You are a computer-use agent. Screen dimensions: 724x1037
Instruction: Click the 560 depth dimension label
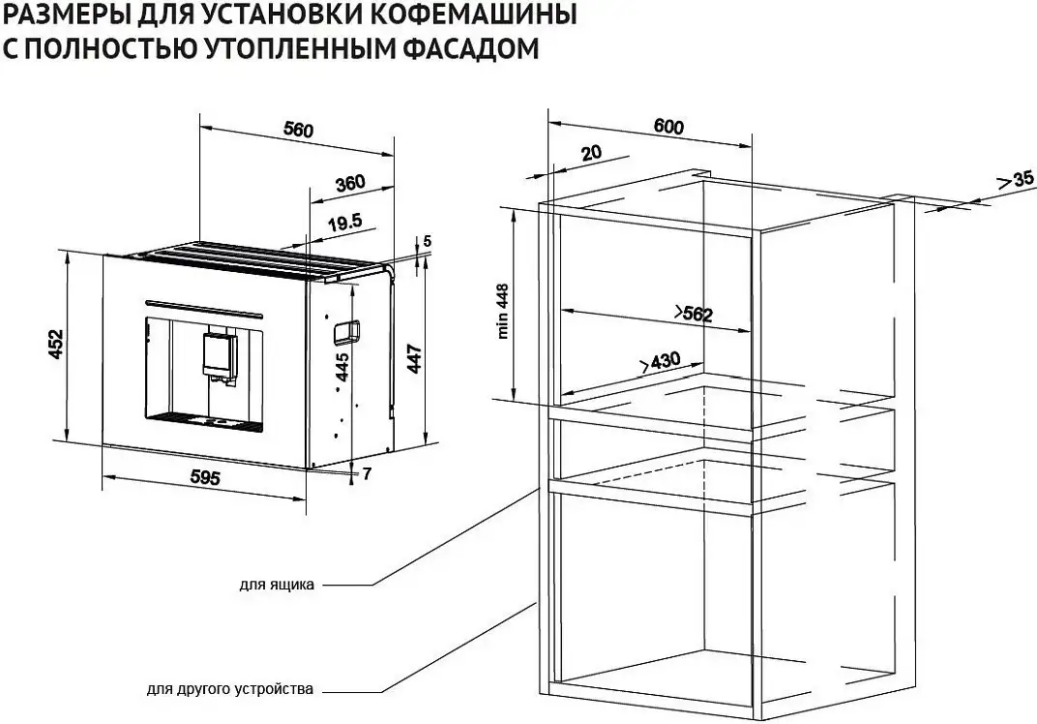pyautogui.click(x=298, y=132)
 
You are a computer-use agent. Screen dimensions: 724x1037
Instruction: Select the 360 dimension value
pyautogui.click(x=349, y=183)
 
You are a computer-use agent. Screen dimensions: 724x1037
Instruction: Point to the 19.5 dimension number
pyautogui.click(x=343, y=223)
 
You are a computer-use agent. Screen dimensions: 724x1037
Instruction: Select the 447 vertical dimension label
pyautogui.click(x=414, y=359)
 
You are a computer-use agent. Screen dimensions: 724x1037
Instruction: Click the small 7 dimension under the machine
pyautogui.click(x=367, y=473)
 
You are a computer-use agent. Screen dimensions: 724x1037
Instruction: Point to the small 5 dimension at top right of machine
pyautogui.click(x=427, y=241)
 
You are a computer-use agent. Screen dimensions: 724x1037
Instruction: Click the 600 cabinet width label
pyautogui.click(x=668, y=127)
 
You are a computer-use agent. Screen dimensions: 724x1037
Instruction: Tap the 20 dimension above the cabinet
pyautogui.click(x=592, y=152)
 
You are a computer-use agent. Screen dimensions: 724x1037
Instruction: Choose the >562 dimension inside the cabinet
pyautogui.click(x=692, y=314)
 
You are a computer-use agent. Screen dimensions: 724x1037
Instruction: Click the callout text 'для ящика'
pyautogui.click(x=277, y=585)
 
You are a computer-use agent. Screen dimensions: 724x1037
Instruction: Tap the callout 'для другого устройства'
pyautogui.click(x=230, y=690)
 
